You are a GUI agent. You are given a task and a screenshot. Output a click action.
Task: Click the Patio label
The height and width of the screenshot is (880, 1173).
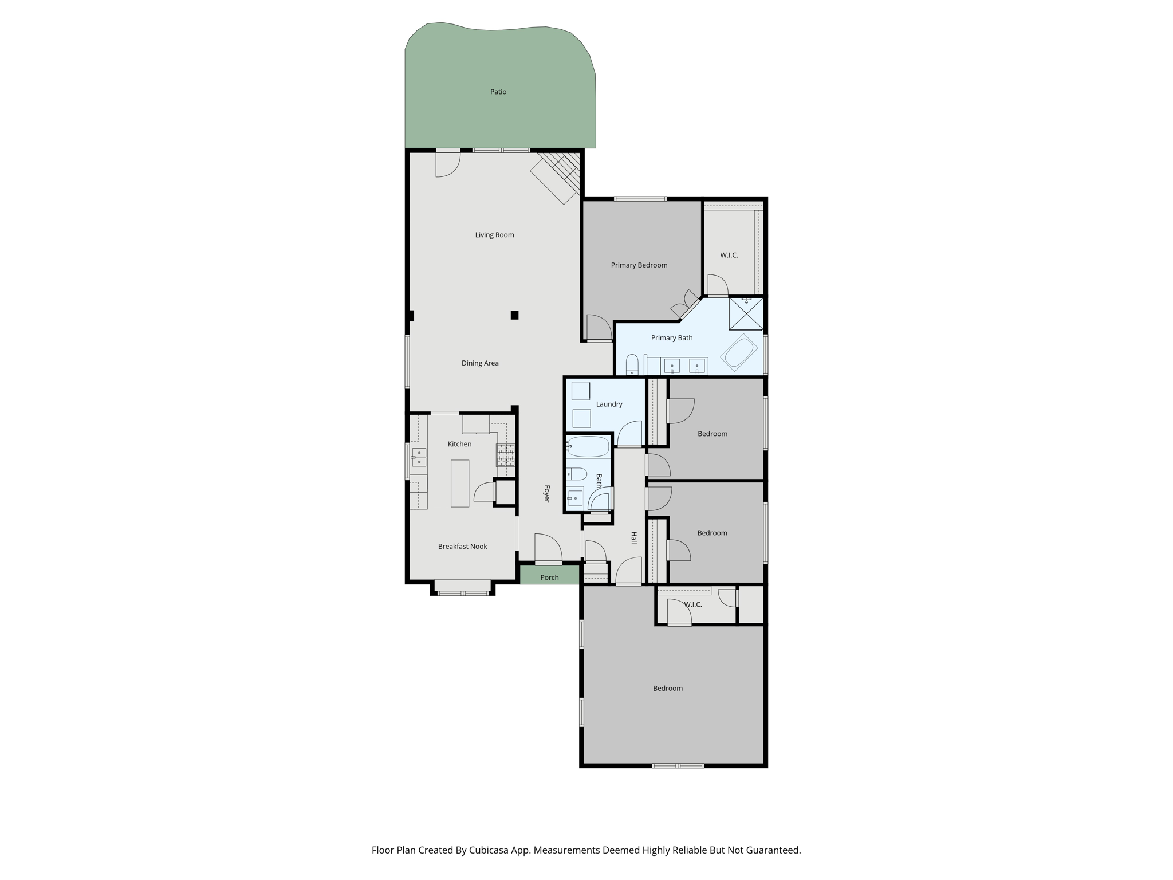(498, 92)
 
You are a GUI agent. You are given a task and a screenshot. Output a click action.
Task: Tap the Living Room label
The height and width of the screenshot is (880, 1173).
(494, 235)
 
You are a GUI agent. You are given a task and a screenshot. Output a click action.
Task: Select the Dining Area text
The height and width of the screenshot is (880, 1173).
(479, 363)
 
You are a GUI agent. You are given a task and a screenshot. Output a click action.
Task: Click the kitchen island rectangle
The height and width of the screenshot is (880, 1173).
(459, 483)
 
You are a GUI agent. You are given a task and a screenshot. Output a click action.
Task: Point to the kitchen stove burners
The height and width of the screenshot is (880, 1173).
(505, 455)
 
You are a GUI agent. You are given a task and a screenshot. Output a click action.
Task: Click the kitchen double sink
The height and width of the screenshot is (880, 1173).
(419, 457)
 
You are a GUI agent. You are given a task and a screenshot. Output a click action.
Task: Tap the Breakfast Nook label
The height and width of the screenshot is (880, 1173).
(462, 547)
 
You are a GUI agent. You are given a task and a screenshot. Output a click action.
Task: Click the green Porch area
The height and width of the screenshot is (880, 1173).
(549, 576)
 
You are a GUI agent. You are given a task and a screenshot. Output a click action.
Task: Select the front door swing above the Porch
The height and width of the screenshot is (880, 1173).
(548, 548)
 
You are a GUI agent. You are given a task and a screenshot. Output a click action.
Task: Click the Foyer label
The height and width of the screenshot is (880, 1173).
(546, 494)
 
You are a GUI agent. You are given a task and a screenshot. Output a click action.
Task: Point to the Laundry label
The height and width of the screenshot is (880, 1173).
(609, 404)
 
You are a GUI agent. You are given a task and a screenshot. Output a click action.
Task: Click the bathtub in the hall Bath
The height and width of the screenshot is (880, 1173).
(588, 446)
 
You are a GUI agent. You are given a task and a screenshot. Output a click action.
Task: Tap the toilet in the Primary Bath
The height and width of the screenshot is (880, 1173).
(632, 364)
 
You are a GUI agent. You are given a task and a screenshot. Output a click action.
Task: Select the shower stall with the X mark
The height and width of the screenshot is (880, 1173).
(746, 314)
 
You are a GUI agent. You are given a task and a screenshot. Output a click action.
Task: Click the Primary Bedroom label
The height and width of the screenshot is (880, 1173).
(639, 265)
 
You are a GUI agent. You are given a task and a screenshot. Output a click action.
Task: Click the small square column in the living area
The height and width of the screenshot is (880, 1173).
(514, 315)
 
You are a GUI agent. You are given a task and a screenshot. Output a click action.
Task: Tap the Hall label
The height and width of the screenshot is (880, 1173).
(633, 537)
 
